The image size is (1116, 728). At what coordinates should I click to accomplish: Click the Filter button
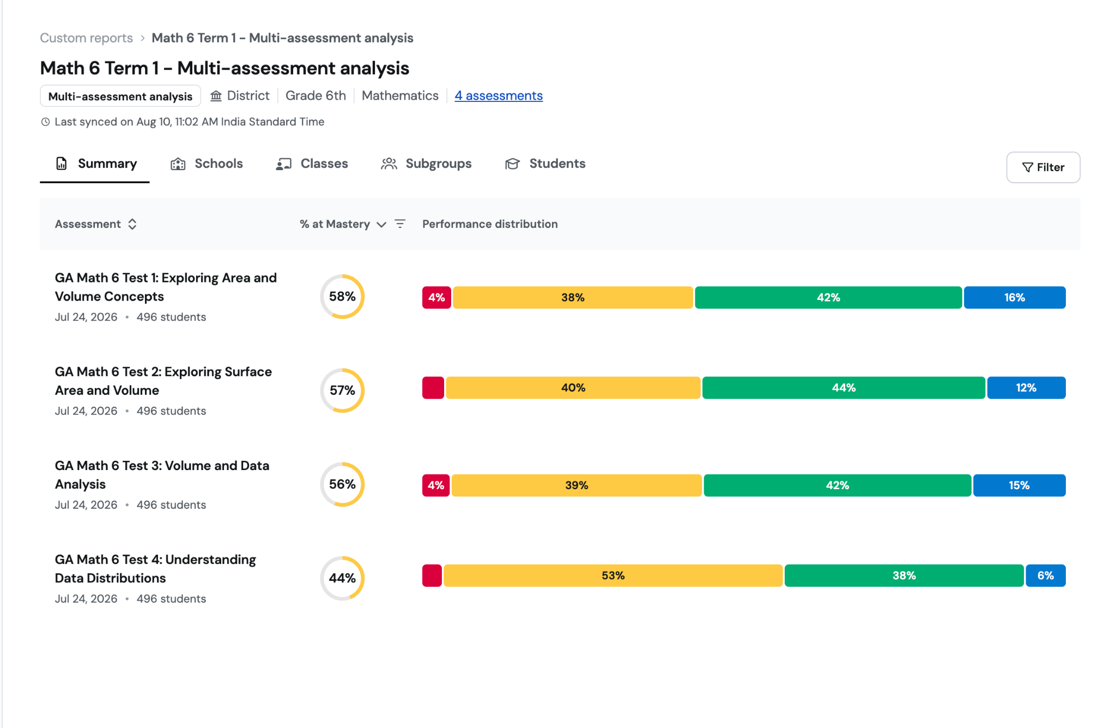click(1043, 167)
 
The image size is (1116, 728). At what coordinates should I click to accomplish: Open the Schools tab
click(207, 164)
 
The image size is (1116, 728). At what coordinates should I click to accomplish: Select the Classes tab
click(312, 164)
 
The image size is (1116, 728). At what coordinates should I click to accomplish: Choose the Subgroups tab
click(426, 164)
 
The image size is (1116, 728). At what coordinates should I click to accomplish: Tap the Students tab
click(545, 164)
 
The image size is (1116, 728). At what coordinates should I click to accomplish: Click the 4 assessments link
click(499, 96)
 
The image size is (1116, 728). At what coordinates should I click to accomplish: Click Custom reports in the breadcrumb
click(86, 38)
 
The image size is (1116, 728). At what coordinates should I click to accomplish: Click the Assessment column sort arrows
click(132, 224)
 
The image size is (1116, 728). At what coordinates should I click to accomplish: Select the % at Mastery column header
click(335, 224)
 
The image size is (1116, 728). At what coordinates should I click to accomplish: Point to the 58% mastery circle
click(342, 275)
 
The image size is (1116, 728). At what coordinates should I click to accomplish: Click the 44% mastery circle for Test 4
click(342, 557)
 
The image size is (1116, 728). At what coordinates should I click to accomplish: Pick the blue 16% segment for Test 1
click(1015, 298)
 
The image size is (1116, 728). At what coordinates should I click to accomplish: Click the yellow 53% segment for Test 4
click(613, 576)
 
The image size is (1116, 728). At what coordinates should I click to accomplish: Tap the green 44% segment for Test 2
click(844, 388)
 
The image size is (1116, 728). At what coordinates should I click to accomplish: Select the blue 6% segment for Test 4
click(1046, 576)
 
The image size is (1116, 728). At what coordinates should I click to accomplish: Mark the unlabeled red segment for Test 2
click(433, 388)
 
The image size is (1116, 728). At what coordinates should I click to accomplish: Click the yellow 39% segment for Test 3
click(577, 485)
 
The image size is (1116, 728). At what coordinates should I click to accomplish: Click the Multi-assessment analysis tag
click(120, 96)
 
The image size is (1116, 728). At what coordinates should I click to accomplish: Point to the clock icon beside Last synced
click(46, 122)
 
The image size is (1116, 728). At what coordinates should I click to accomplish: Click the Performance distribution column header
click(490, 224)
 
